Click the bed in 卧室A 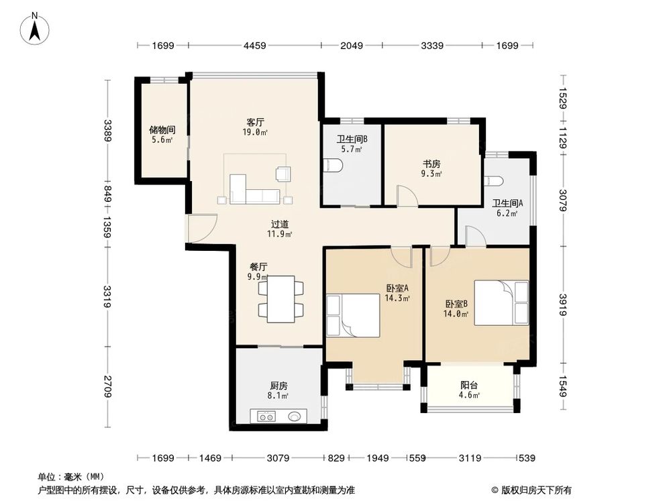pyautogui.click(x=354, y=315)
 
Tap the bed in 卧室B pyautogui.click(x=502, y=302)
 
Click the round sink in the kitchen pyautogui.click(x=295, y=416)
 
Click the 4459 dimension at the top pyautogui.click(x=254, y=46)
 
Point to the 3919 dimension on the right pyautogui.click(x=564, y=305)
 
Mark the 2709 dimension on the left pyautogui.click(x=107, y=388)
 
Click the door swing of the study pyautogui.click(x=407, y=195)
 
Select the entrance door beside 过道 pyautogui.click(x=201, y=229)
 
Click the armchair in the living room pyautogui.click(x=282, y=174)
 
